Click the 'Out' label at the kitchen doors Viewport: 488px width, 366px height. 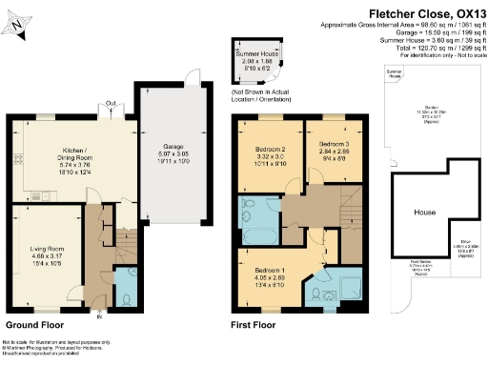pos(111,105)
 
